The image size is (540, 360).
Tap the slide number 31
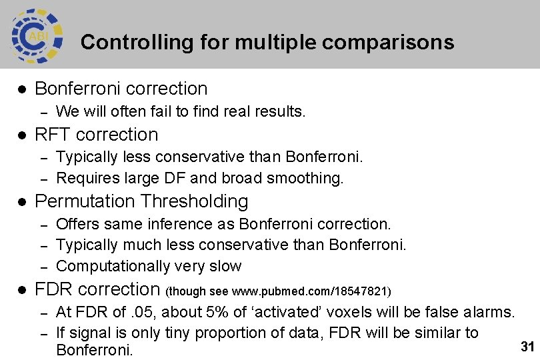[527, 347]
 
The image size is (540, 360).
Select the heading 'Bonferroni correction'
[121, 89]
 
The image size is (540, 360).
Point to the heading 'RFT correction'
[96, 135]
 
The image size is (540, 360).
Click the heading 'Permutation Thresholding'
[141, 201]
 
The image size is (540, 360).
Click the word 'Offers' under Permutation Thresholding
[77, 223]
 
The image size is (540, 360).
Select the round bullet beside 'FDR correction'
[21, 290]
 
